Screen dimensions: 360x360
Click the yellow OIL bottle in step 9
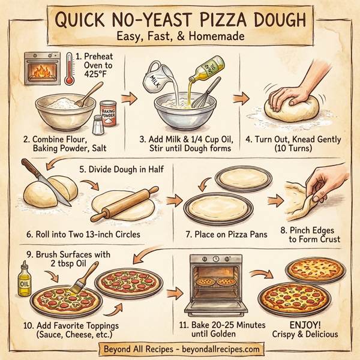coord(25,280)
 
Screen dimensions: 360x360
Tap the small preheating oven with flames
coord(42,68)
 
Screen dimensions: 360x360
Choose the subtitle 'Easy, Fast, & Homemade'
coord(179,37)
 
